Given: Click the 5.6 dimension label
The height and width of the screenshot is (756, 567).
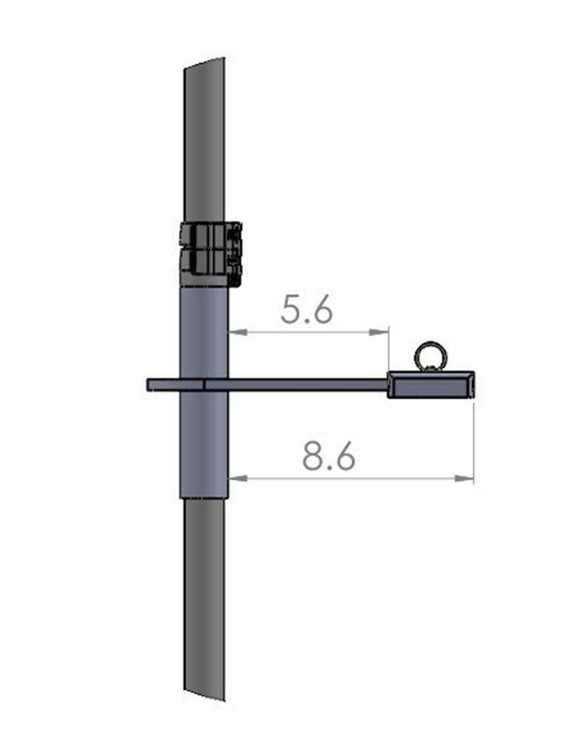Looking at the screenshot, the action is coord(306,309).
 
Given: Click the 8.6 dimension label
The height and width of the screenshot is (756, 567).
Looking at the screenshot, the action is coord(329,456).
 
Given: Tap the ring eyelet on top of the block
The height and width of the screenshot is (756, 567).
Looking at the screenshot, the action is coord(430,357).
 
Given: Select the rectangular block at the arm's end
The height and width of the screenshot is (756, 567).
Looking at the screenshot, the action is coord(431,385).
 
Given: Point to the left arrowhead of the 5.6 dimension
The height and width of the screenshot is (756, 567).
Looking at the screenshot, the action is coord(237,331).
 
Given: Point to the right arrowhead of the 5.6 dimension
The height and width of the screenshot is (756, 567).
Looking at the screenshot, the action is coord(379,331).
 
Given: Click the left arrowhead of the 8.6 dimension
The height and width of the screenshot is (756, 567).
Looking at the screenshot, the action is coord(237,478).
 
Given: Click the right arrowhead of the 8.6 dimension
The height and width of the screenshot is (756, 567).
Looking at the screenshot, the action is coord(465,478).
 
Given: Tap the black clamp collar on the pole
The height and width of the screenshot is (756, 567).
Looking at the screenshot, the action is coord(210,254).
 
